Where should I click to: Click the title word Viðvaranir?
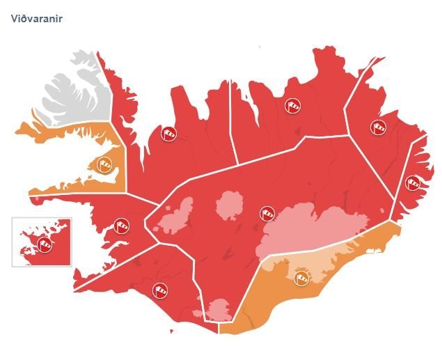pyautogui.click(x=37, y=18)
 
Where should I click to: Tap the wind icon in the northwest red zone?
pyautogui.click(x=168, y=134)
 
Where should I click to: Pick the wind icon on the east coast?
pyautogui.click(x=413, y=183)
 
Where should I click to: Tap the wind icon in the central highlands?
pyautogui.click(x=267, y=213)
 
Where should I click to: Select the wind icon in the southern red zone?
pyautogui.click(x=161, y=290)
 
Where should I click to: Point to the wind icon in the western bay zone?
pyautogui.click(x=121, y=225)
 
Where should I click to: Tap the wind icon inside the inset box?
pyautogui.click(x=44, y=243)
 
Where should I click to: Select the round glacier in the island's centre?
pyautogui.click(x=229, y=205)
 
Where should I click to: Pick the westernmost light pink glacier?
pyautogui.click(x=177, y=216)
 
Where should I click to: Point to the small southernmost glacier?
pyautogui.click(x=220, y=308)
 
